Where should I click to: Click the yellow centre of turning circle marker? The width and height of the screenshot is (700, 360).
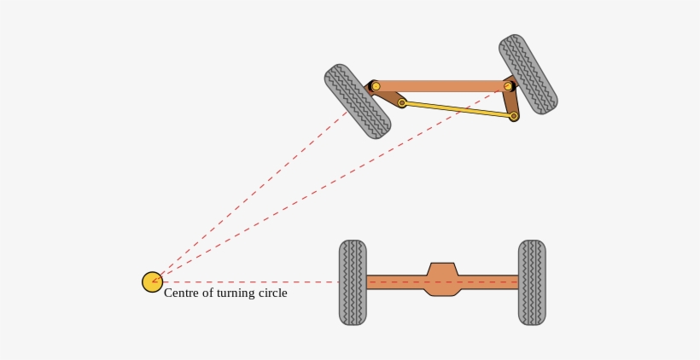152,282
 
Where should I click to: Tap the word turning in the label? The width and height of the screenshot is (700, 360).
235,293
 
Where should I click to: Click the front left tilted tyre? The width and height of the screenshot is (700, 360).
357,102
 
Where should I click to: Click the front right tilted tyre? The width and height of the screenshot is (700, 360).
528,74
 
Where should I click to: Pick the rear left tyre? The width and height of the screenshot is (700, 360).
353,282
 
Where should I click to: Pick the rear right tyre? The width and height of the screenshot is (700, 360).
532,282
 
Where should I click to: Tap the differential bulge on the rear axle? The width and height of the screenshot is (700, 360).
442,280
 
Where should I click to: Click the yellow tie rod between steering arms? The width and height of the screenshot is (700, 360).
458,109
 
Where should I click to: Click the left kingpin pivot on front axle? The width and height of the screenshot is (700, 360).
376,86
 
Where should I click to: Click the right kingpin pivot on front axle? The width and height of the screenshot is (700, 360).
508,86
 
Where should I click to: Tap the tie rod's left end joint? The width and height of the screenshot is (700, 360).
402,102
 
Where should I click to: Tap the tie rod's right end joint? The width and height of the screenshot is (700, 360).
514,116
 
